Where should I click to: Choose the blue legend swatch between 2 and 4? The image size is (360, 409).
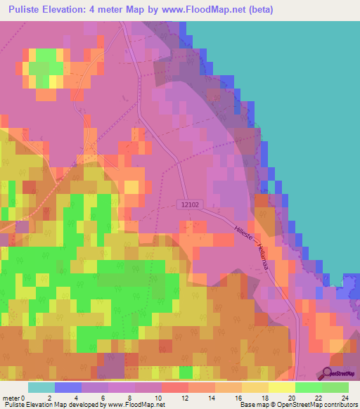(x=67, y=387)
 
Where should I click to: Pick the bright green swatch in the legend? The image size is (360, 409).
(x=309, y=387)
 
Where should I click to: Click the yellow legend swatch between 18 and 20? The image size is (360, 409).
(x=281, y=387)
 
